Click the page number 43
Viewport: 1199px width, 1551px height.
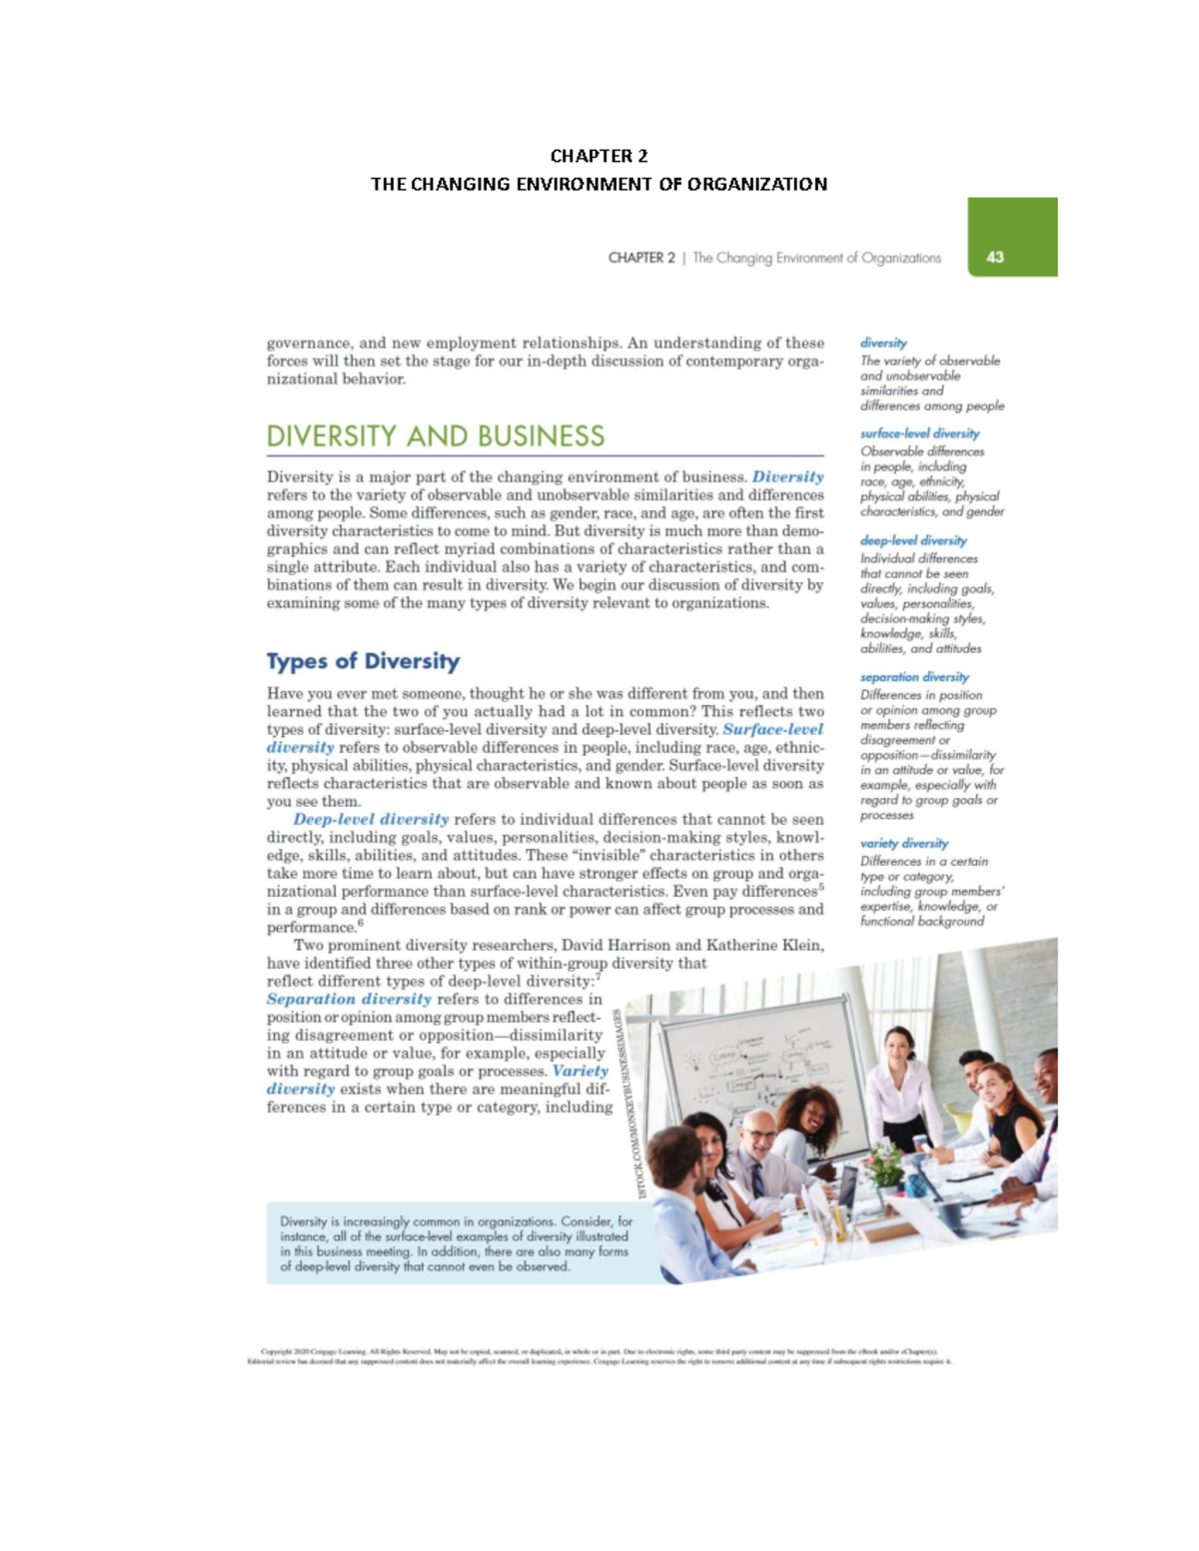click(x=994, y=257)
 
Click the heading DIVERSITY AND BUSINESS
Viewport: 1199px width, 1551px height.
click(x=435, y=436)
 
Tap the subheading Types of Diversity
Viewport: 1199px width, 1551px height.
click(x=363, y=661)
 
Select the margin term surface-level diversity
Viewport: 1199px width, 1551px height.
click(x=919, y=433)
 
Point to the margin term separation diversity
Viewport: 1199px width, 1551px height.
click(x=914, y=677)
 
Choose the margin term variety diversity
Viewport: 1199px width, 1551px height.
click(x=904, y=844)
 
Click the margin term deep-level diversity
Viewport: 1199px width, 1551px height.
click(x=913, y=540)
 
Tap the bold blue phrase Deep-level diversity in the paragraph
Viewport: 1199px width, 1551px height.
click(x=371, y=819)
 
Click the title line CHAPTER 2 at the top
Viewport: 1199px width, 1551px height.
click(x=599, y=156)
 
